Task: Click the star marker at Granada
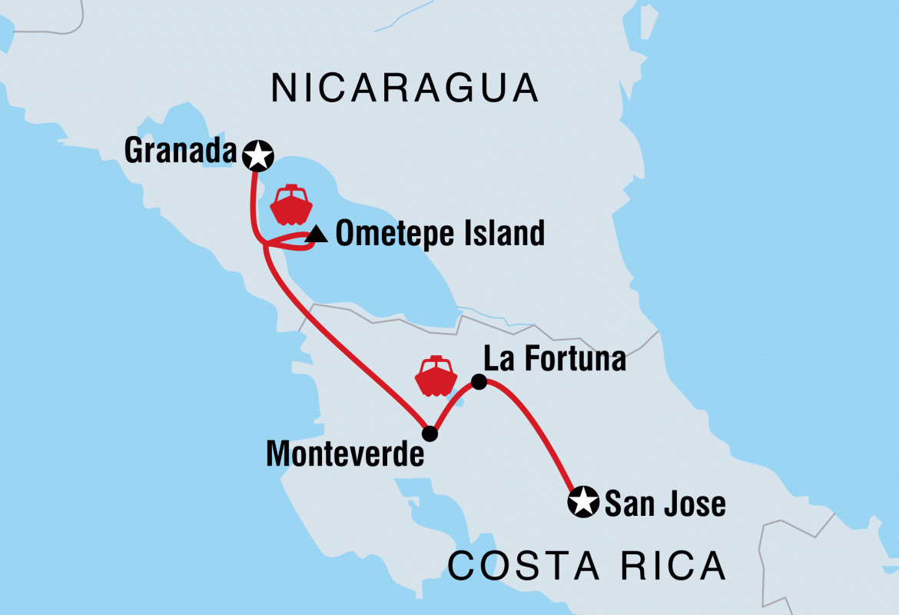pos(257,156)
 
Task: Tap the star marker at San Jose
pos(582,504)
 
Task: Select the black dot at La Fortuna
pos(478,381)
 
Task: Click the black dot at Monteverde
pos(430,434)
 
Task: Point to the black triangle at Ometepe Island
pos(313,236)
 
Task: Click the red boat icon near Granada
pos(291,203)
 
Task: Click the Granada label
pos(180,152)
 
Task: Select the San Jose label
pos(665,504)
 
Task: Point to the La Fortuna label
pos(554,359)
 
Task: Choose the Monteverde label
pos(345,454)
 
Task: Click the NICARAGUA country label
pos(404,88)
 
